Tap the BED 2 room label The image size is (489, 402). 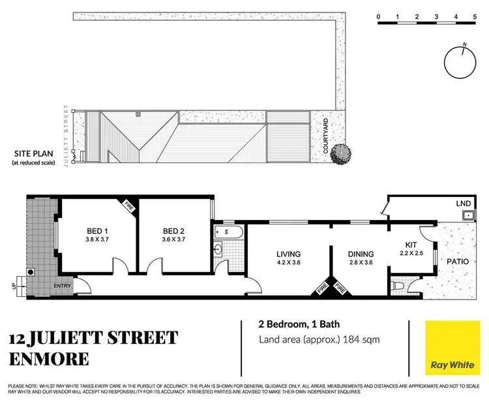tap(175, 230)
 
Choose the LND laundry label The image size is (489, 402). tap(464, 204)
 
